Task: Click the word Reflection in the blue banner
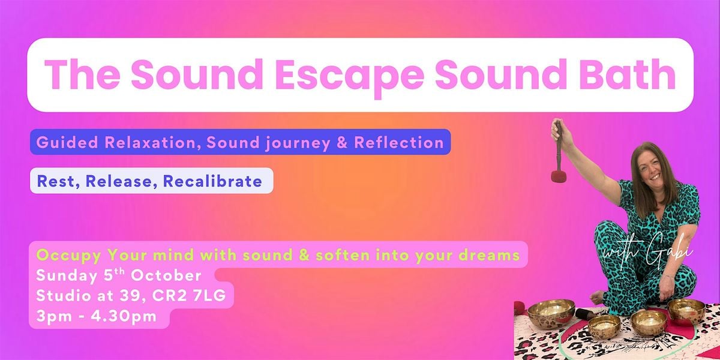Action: click(x=398, y=142)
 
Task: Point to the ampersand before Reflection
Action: click(x=342, y=143)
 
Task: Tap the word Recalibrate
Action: click(x=212, y=181)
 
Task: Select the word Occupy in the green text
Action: click(x=69, y=256)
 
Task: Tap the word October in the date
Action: click(x=166, y=276)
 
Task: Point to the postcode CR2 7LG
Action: click(x=188, y=296)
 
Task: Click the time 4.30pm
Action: click(x=124, y=317)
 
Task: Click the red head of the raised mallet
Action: click(x=559, y=176)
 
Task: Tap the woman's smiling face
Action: click(x=651, y=169)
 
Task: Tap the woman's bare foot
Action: click(x=596, y=297)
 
